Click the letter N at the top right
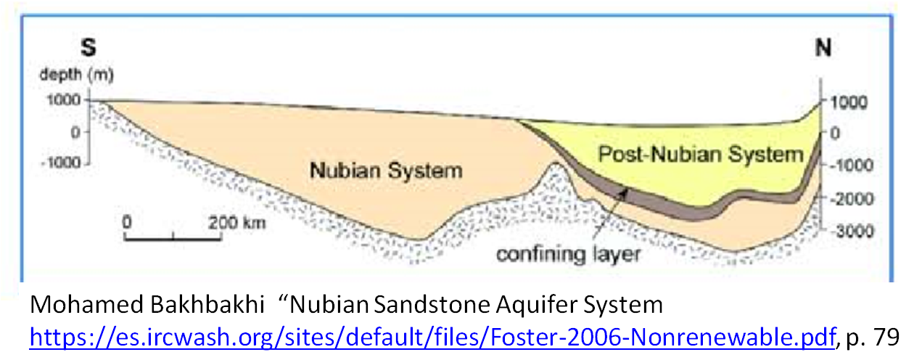(823, 49)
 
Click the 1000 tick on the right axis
(843, 102)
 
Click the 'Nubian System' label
(386, 171)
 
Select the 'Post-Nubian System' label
(701, 155)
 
